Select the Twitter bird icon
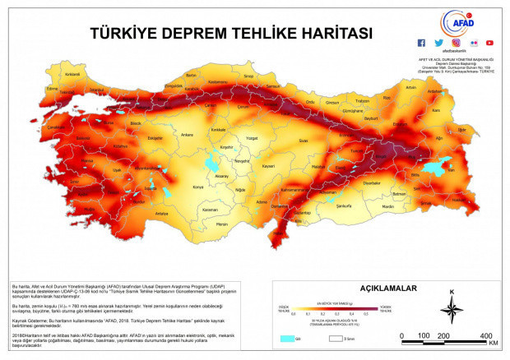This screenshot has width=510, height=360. (x=438, y=43)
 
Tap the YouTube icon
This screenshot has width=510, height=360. (x=489, y=43)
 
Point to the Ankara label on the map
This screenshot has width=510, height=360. (x=187, y=134)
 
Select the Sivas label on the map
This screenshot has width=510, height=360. (x=303, y=141)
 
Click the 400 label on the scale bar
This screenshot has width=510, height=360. (x=485, y=336)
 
